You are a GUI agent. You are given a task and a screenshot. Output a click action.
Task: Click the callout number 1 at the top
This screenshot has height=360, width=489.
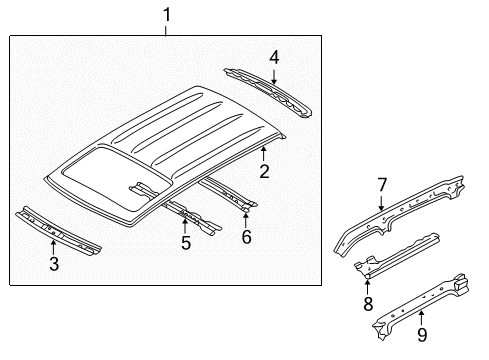167,15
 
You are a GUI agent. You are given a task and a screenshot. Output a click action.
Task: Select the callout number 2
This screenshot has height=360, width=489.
264,172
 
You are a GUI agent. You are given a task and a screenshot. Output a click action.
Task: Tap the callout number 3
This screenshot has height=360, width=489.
54,263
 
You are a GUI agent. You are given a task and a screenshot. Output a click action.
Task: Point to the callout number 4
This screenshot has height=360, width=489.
274,57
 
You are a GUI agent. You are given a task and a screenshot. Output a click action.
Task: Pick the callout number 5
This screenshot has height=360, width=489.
186,242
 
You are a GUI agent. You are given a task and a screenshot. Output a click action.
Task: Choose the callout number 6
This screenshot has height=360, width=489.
246,237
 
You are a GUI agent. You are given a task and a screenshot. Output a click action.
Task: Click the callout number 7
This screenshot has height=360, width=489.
382,185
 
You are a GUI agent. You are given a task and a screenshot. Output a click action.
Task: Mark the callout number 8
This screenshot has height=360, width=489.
368,304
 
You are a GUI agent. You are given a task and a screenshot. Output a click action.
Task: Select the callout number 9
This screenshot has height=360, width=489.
422,335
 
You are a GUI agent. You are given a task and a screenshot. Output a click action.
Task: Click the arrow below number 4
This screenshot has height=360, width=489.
274,76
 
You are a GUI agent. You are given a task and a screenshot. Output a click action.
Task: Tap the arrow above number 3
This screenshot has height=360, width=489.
53,248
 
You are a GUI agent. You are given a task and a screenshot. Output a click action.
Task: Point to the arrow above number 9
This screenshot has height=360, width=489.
422,317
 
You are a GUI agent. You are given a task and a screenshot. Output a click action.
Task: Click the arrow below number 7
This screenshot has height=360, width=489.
382,203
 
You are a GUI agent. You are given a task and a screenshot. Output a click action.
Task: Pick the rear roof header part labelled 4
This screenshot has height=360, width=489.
268,92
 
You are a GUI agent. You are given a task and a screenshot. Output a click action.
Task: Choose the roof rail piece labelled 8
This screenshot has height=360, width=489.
397,254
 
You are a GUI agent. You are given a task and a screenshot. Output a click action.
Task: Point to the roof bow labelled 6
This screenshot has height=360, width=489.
229,194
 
